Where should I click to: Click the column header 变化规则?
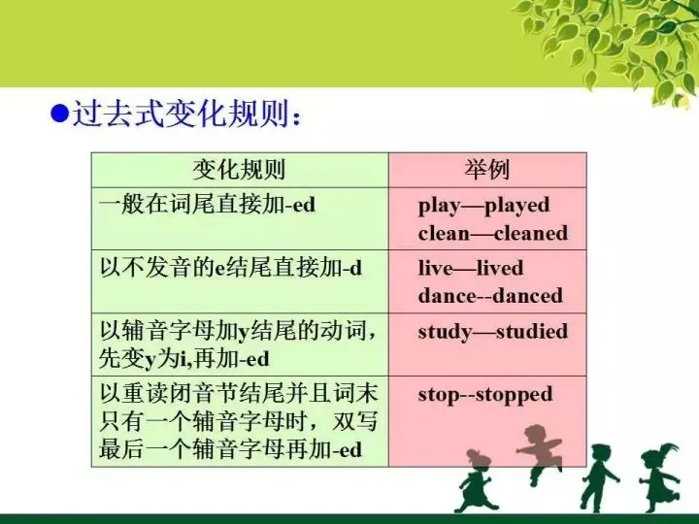click(x=239, y=171)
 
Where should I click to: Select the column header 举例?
click(x=487, y=171)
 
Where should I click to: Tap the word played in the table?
click(x=516, y=206)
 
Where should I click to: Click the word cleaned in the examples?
click(x=531, y=234)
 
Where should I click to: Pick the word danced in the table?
click(x=527, y=296)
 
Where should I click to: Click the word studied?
click(x=532, y=332)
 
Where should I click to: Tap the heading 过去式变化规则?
click(x=184, y=115)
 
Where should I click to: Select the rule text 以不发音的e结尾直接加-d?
click(x=231, y=269)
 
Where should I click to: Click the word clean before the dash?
click(x=444, y=234)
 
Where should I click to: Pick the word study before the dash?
click(x=445, y=332)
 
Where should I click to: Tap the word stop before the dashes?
click(x=438, y=395)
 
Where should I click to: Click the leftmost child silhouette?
click(x=479, y=481)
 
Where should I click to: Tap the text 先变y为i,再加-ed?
click(x=184, y=359)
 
